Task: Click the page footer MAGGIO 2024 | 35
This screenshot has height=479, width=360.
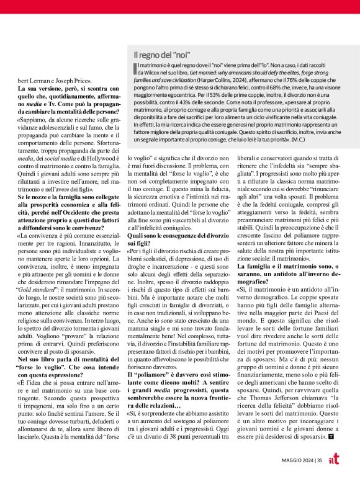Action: pyautogui.click(x=302, y=459)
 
